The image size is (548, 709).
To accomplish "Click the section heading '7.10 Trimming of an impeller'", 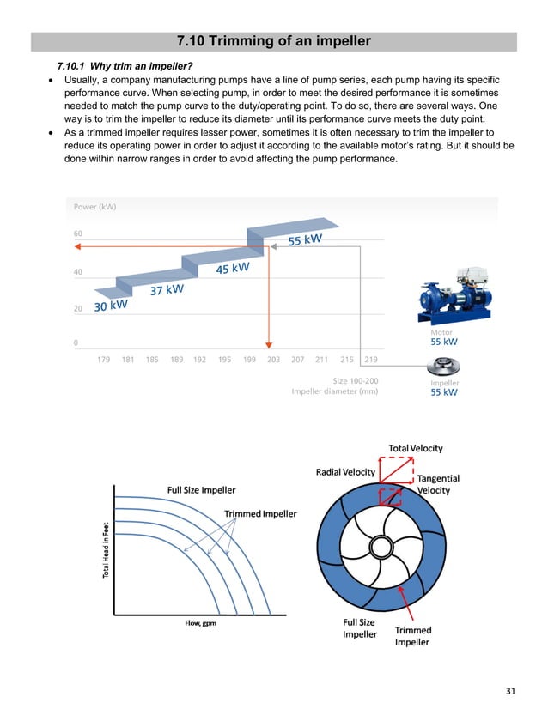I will coord(273,41).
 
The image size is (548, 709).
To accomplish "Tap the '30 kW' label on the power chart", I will coord(111,305).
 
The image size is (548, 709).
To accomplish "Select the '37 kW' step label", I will coord(167,290).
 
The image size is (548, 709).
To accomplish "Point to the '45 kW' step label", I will coord(232,269).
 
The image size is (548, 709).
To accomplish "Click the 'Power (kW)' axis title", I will coord(94,207).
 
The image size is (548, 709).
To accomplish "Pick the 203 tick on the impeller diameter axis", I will coord(273,360).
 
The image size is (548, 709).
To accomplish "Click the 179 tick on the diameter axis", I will coord(104,360).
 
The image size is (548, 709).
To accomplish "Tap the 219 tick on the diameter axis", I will coord(370,360).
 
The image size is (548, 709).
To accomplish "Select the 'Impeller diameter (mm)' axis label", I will coord(334,391).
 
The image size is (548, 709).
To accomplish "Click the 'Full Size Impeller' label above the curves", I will coord(201,490).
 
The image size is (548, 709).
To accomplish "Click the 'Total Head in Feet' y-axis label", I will coord(107,550).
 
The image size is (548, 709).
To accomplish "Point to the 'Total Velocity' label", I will coord(416,448).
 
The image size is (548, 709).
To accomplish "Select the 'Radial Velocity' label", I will coord(346,472).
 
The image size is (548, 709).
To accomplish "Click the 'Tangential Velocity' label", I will coord(438,484).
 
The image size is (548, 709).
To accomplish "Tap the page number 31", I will coord(511,691).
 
